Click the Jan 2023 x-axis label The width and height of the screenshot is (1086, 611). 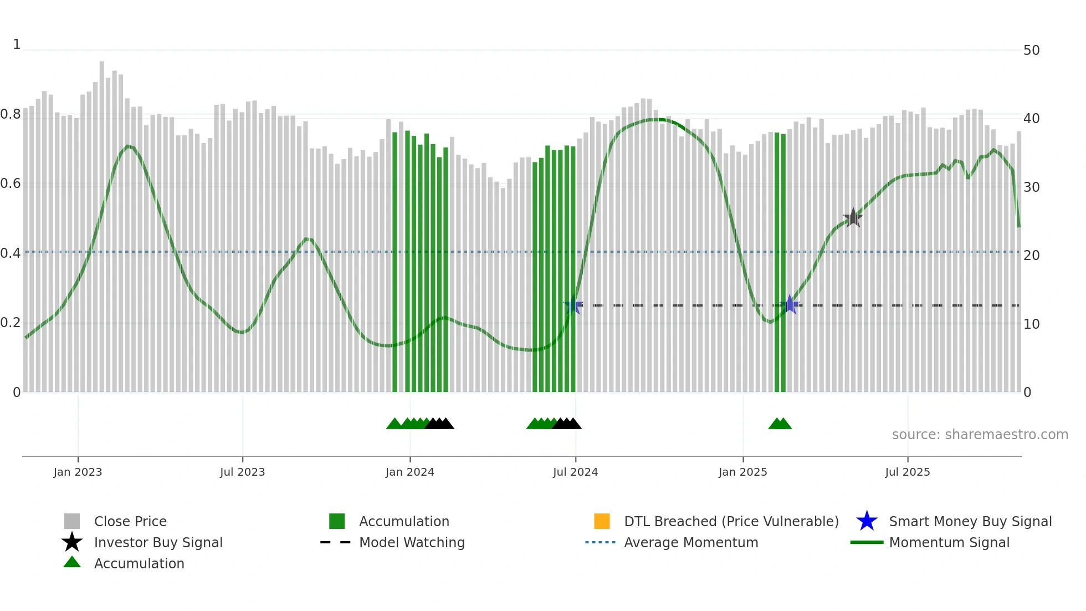(78, 472)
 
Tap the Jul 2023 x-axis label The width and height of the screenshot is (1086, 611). (242, 472)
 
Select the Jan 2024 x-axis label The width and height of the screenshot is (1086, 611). (409, 472)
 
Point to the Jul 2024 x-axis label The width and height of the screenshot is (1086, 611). (575, 472)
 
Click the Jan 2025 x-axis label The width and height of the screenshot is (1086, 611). (742, 472)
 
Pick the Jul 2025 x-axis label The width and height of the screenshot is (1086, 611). (907, 472)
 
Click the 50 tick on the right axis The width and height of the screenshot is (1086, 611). (1031, 50)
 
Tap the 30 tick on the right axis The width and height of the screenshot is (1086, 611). (1031, 187)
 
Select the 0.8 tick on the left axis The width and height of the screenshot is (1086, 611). (11, 115)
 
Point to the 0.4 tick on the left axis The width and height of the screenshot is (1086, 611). (11, 253)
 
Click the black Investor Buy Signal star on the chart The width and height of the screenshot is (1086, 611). (853, 218)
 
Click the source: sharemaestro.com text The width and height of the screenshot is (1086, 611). (980, 435)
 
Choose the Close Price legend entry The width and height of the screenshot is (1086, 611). (130, 521)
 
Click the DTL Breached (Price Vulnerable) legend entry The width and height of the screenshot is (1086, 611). (731, 521)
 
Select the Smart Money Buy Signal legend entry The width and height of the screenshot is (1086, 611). (970, 521)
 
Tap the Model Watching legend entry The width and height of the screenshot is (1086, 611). (411, 542)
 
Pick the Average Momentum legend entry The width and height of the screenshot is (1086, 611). (690, 542)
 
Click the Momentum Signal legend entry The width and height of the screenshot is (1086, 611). (949, 542)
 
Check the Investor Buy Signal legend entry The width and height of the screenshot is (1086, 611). (158, 542)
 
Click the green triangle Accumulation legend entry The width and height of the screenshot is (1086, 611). (139, 563)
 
